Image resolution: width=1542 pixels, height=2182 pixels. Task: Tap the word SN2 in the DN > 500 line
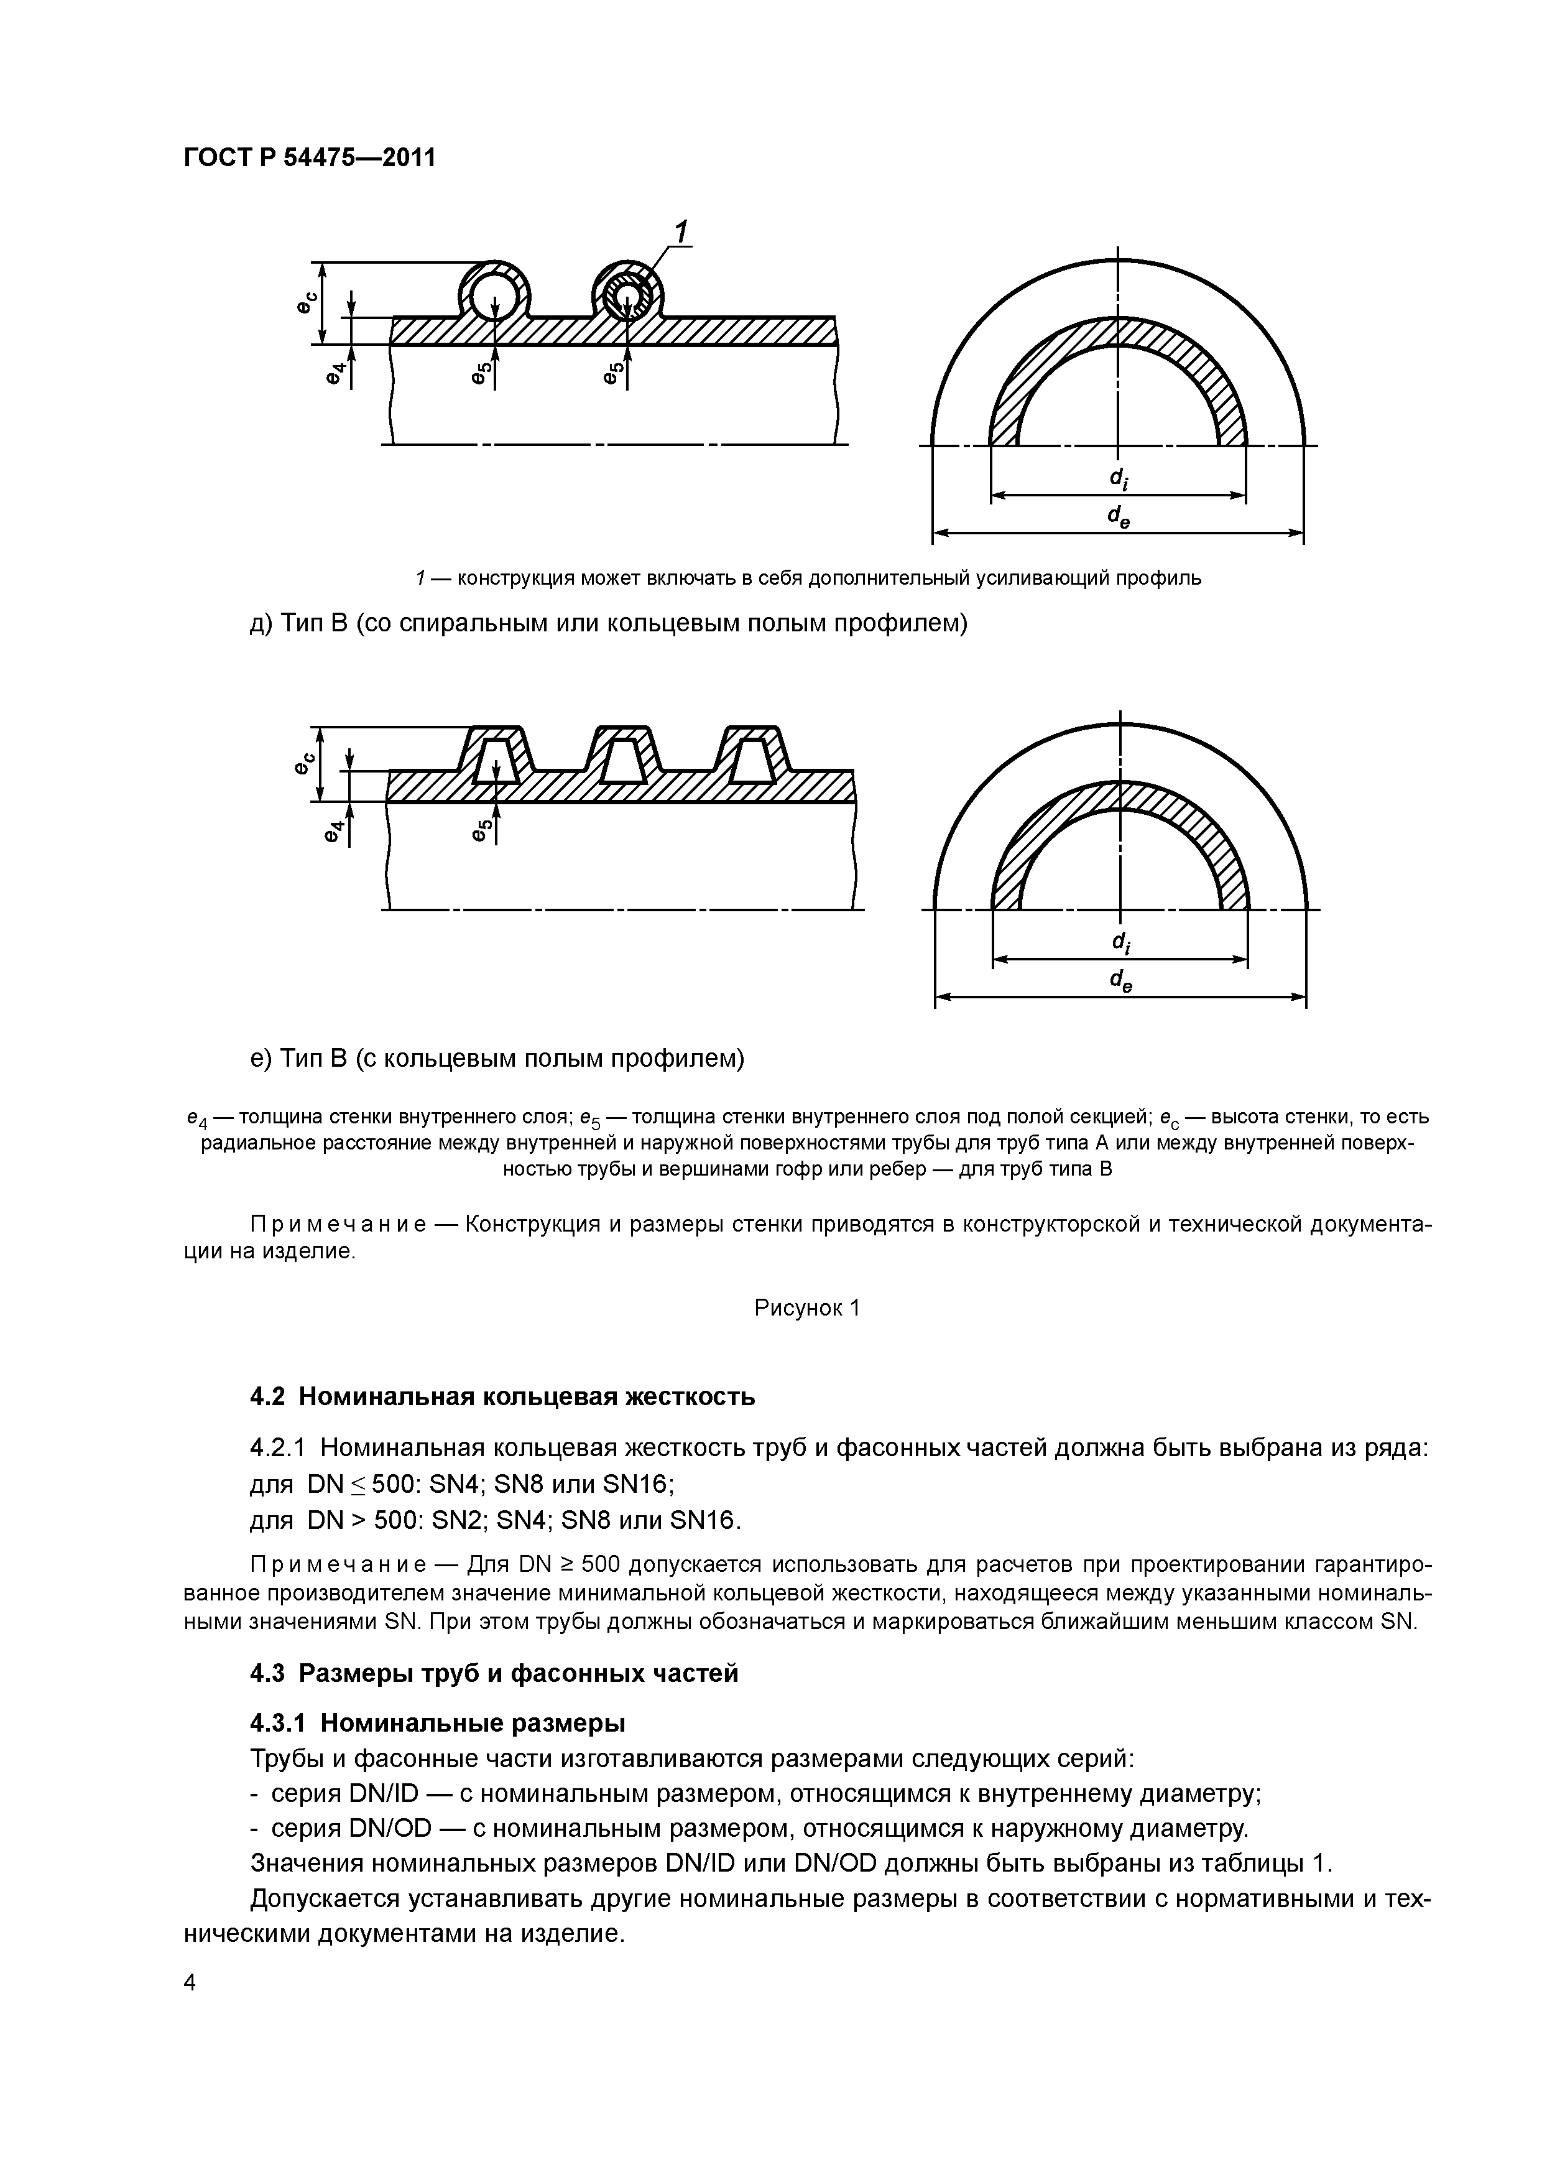point(455,1521)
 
